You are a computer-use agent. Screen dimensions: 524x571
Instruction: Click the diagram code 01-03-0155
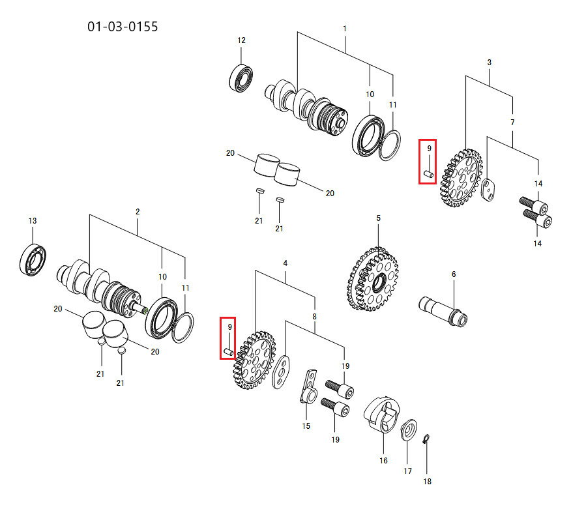123,27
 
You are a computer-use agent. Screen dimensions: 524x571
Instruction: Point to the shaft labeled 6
443,312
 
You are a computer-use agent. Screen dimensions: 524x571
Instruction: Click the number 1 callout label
345,29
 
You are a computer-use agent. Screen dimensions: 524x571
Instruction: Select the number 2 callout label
138,212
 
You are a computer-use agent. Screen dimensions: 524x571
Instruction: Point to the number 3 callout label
489,63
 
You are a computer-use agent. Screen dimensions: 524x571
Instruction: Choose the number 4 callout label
285,263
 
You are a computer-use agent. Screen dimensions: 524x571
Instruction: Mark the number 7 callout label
512,123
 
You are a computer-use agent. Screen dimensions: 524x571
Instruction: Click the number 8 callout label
315,317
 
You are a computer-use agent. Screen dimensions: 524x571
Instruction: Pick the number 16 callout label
383,461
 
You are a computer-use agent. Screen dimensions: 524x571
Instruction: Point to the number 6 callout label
454,274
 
